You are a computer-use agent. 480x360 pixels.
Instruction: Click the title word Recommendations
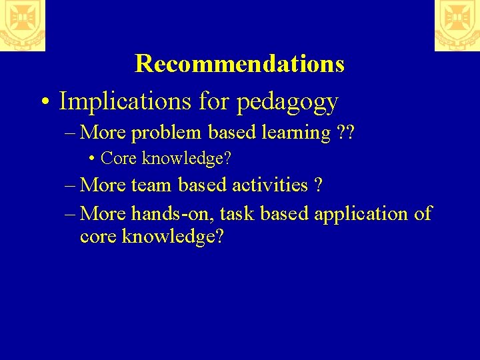coord(239,64)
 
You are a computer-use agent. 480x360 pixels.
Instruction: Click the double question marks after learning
coord(345,133)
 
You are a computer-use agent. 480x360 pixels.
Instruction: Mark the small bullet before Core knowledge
coord(91,159)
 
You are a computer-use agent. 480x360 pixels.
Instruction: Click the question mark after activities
coord(318,185)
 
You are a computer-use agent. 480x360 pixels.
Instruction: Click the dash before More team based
coord(71,185)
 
